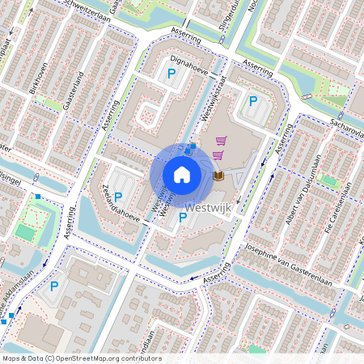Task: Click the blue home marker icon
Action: (182, 174)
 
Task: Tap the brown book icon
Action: (218, 176)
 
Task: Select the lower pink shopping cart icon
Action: (217, 154)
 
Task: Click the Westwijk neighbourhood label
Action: (209, 207)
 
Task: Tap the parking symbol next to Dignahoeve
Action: (171, 74)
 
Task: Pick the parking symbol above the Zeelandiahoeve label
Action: (118, 197)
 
